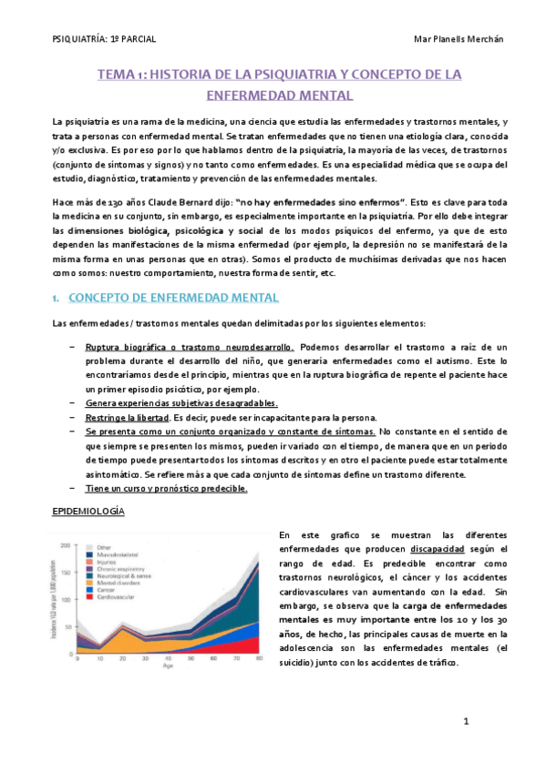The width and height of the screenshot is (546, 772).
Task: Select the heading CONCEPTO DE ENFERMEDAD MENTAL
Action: (x=174, y=298)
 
